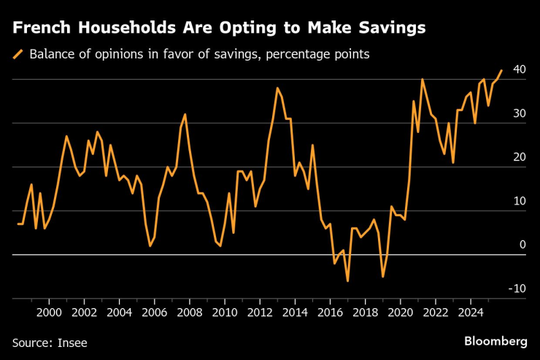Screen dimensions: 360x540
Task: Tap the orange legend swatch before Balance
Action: (x=18, y=54)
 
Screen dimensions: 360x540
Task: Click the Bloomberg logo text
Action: (x=495, y=341)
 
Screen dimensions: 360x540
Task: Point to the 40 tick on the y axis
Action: (x=520, y=69)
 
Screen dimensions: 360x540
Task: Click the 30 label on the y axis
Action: (x=520, y=113)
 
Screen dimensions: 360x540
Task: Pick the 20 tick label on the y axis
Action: (x=520, y=157)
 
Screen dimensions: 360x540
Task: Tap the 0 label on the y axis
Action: (x=522, y=245)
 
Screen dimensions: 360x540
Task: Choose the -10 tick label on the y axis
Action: (x=517, y=288)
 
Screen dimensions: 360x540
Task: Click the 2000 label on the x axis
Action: (x=49, y=312)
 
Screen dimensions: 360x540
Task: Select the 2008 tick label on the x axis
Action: (x=189, y=312)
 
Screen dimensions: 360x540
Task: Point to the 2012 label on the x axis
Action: (x=259, y=312)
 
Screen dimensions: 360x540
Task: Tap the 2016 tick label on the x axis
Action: (x=329, y=312)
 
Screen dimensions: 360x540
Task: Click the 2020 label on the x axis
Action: (x=400, y=312)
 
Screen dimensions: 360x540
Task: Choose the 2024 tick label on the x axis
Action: (x=470, y=312)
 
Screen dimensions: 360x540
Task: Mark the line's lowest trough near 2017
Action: (x=347, y=280)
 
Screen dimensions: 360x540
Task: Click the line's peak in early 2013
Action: (x=277, y=88)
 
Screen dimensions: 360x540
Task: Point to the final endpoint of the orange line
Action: (x=501, y=71)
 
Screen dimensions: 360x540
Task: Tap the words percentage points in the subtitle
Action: (x=329, y=54)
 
